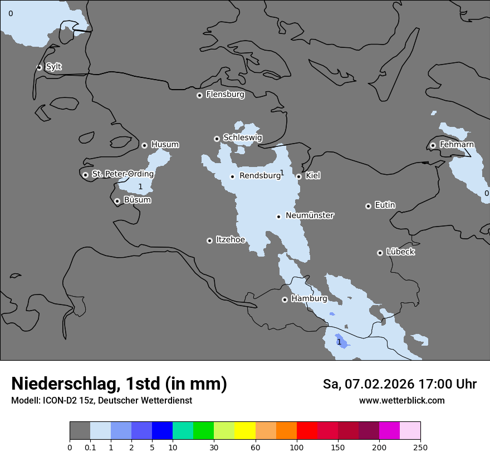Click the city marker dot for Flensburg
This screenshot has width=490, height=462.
(x=199, y=95)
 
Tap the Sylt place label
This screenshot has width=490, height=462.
(x=53, y=67)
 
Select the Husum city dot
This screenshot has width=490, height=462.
(x=144, y=145)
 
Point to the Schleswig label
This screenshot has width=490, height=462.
(x=242, y=137)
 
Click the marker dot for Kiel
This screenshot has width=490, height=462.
(x=299, y=176)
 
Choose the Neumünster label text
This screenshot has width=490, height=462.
(x=310, y=215)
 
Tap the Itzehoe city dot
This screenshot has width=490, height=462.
(x=209, y=240)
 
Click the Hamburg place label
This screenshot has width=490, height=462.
(x=309, y=298)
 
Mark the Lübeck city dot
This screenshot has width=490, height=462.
(x=380, y=253)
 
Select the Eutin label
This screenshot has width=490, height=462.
(x=385, y=205)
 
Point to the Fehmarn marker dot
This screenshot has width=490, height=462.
(x=433, y=145)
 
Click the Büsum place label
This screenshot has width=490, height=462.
(x=137, y=200)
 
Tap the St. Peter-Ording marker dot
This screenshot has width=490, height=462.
(x=85, y=175)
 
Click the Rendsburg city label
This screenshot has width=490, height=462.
(x=259, y=176)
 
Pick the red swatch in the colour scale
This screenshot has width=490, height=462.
(x=307, y=431)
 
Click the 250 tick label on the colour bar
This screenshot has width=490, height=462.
(x=420, y=448)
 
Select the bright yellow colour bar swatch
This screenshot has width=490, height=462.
(x=245, y=431)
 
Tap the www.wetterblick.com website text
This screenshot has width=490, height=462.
(x=401, y=400)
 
